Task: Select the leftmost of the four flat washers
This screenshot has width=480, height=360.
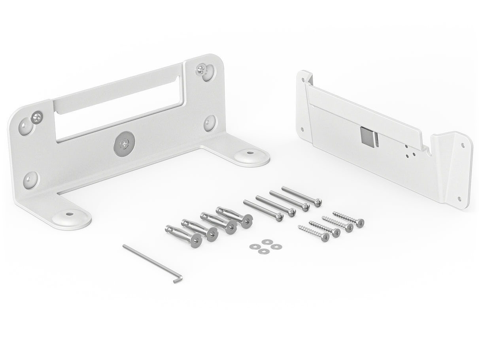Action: click(252, 247)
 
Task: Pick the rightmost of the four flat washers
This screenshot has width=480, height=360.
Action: click(274, 247)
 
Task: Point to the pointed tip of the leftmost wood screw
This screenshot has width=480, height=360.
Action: click(299, 227)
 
